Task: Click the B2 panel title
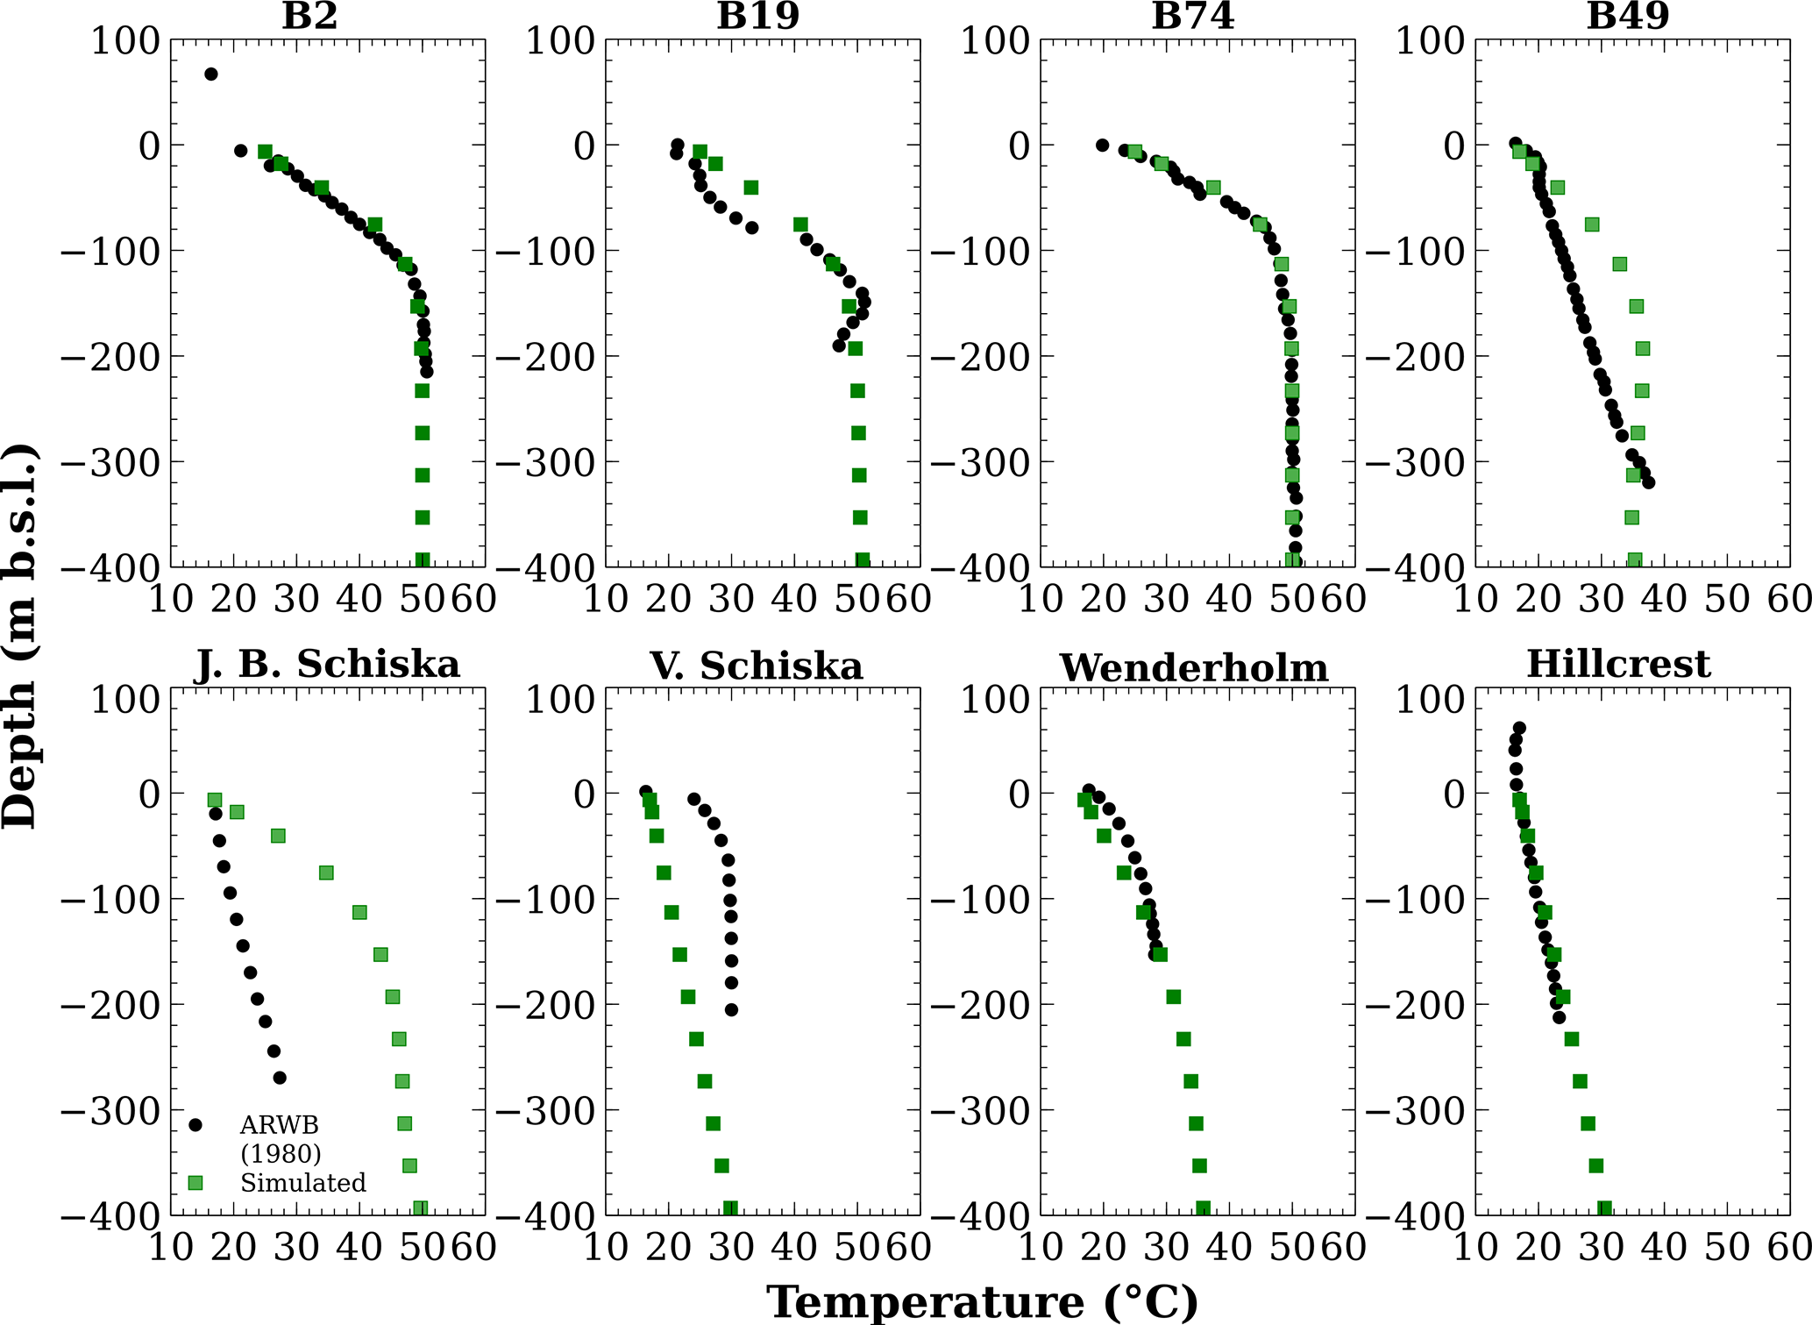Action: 309,16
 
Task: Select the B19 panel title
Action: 757,16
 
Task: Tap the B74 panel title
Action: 1192,16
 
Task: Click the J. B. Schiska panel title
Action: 327,665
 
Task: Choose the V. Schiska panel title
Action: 757,666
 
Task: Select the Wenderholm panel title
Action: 1194,668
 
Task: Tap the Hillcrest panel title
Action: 1618,665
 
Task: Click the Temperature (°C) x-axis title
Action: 983,1302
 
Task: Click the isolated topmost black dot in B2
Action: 210,74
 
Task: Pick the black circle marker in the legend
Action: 195,1125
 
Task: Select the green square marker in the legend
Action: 195,1183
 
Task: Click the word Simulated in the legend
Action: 303,1183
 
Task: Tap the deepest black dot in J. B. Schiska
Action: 280,1078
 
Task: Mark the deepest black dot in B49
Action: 1648,482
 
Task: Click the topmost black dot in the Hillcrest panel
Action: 1519,728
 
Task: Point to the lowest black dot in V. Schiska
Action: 731,1010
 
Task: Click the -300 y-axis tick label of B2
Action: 110,462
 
